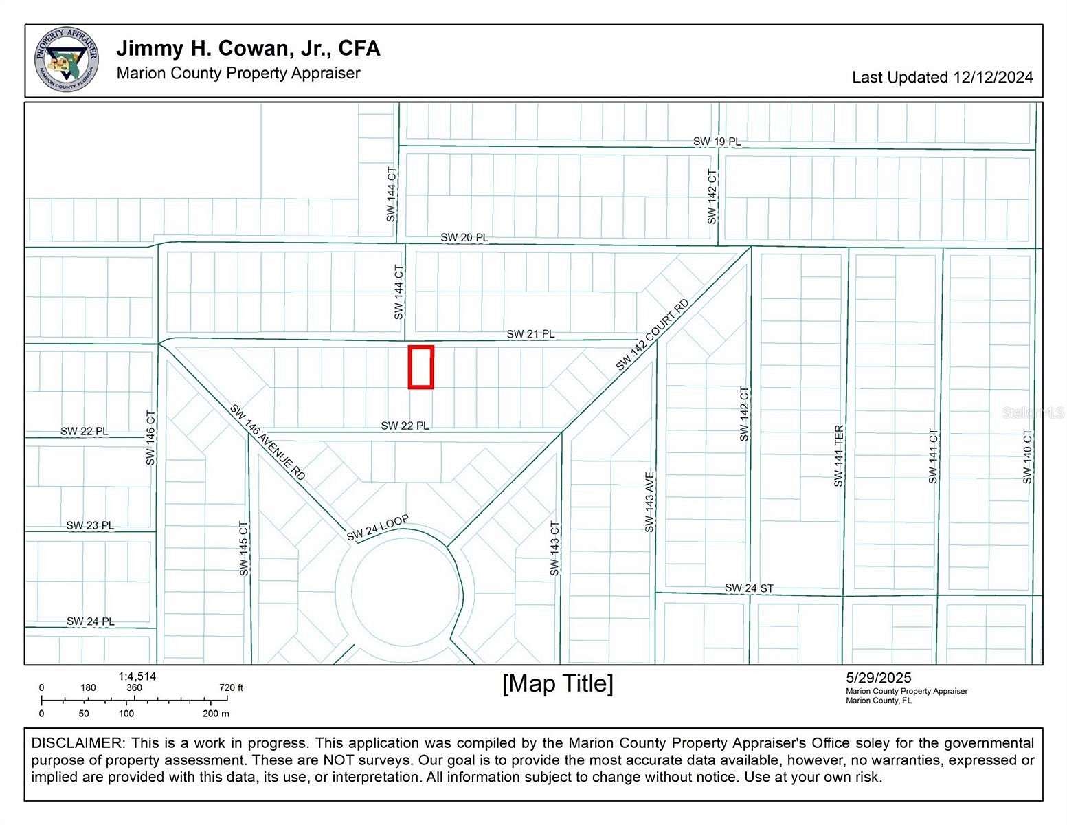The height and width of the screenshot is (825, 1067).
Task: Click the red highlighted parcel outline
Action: click(x=420, y=366)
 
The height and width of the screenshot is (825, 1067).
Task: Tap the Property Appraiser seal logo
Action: click(x=66, y=60)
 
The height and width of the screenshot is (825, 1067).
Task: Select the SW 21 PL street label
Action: click(x=530, y=334)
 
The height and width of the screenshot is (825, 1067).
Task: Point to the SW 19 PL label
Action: click(x=717, y=142)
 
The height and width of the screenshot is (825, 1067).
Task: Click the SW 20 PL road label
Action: click(x=464, y=237)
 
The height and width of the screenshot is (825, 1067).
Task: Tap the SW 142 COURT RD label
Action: click(x=651, y=335)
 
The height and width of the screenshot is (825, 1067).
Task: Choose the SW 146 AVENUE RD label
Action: click(x=267, y=443)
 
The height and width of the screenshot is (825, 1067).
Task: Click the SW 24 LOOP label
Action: click(x=377, y=527)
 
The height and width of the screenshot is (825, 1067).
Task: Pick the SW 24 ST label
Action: click(x=749, y=588)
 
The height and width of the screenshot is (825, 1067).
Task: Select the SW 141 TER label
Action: click(x=838, y=456)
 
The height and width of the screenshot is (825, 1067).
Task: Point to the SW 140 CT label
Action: click(x=1027, y=456)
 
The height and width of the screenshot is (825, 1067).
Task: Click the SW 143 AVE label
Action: click(x=649, y=501)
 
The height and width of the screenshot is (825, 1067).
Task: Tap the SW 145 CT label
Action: click(x=244, y=548)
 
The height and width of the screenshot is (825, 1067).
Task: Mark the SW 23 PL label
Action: click(x=90, y=525)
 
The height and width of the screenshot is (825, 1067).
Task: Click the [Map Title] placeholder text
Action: click(x=557, y=683)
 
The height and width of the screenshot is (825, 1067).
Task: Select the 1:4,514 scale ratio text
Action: click(x=137, y=676)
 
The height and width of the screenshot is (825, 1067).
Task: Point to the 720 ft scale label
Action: click(x=231, y=687)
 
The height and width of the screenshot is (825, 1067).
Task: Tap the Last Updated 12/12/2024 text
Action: click(x=942, y=77)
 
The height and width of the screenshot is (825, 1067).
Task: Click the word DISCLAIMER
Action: click(x=77, y=743)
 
